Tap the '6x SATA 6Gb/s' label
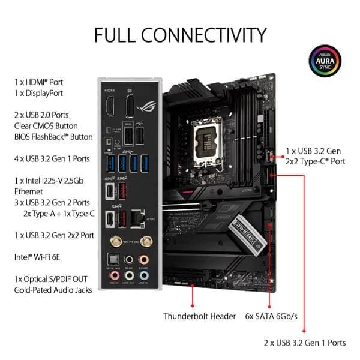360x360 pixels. [271, 316]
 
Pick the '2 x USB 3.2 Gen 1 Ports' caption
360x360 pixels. [305, 343]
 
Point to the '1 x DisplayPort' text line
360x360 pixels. [38, 93]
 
